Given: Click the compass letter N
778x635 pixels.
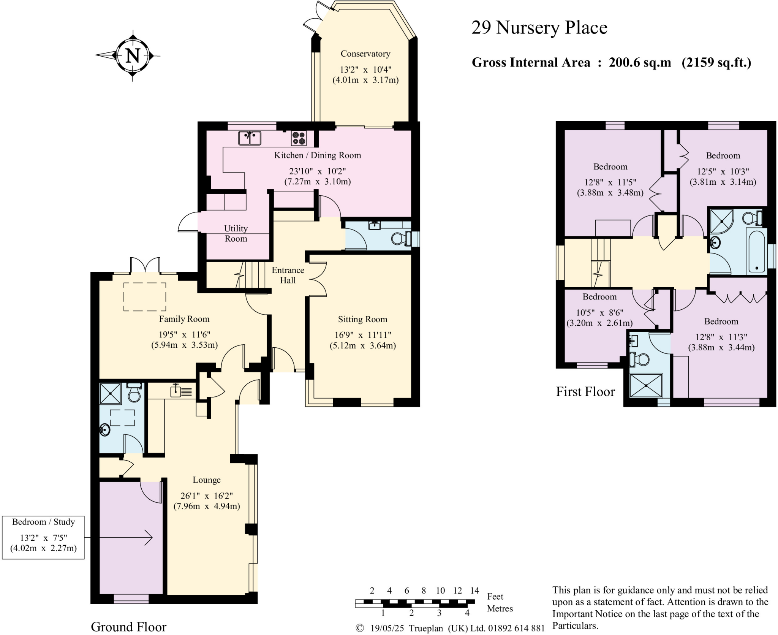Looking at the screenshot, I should (x=133, y=56).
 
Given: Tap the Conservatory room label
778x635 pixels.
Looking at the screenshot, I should (x=365, y=54).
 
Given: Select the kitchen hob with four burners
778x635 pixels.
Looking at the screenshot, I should (x=299, y=138).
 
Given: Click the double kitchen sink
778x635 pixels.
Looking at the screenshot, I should (x=250, y=138).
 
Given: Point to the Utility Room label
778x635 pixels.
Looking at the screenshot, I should (x=236, y=233).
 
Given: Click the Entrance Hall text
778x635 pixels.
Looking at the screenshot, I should (x=288, y=275).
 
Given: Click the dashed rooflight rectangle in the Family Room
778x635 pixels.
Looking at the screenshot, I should (x=145, y=297).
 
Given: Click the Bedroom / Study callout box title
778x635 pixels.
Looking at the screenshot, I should (x=43, y=522).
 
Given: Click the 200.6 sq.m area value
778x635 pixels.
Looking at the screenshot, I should (x=640, y=62).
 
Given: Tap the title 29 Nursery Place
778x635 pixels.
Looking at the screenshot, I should (x=539, y=28).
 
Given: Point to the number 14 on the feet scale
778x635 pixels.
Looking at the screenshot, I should (x=474, y=591).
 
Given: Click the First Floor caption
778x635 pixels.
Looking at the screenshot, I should (x=585, y=391).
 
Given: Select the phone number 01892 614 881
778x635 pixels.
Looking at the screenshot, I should (x=516, y=628).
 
